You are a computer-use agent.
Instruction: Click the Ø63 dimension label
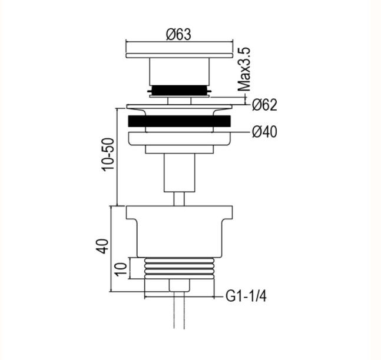tap(178, 34)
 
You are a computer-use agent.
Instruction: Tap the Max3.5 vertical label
tap(244, 69)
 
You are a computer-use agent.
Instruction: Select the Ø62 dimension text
tap(264, 105)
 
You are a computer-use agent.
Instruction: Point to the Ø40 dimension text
tap(264, 132)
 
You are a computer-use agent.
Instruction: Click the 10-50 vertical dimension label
tap(108, 155)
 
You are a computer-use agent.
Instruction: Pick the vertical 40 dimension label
tap(102, 246)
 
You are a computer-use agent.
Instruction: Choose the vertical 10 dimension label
tap(121, 269)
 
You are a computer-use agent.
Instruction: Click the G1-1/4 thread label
tap(246, 296)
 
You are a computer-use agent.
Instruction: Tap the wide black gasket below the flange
tap(180, 121)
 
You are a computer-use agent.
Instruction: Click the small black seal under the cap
tap(180, 90)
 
